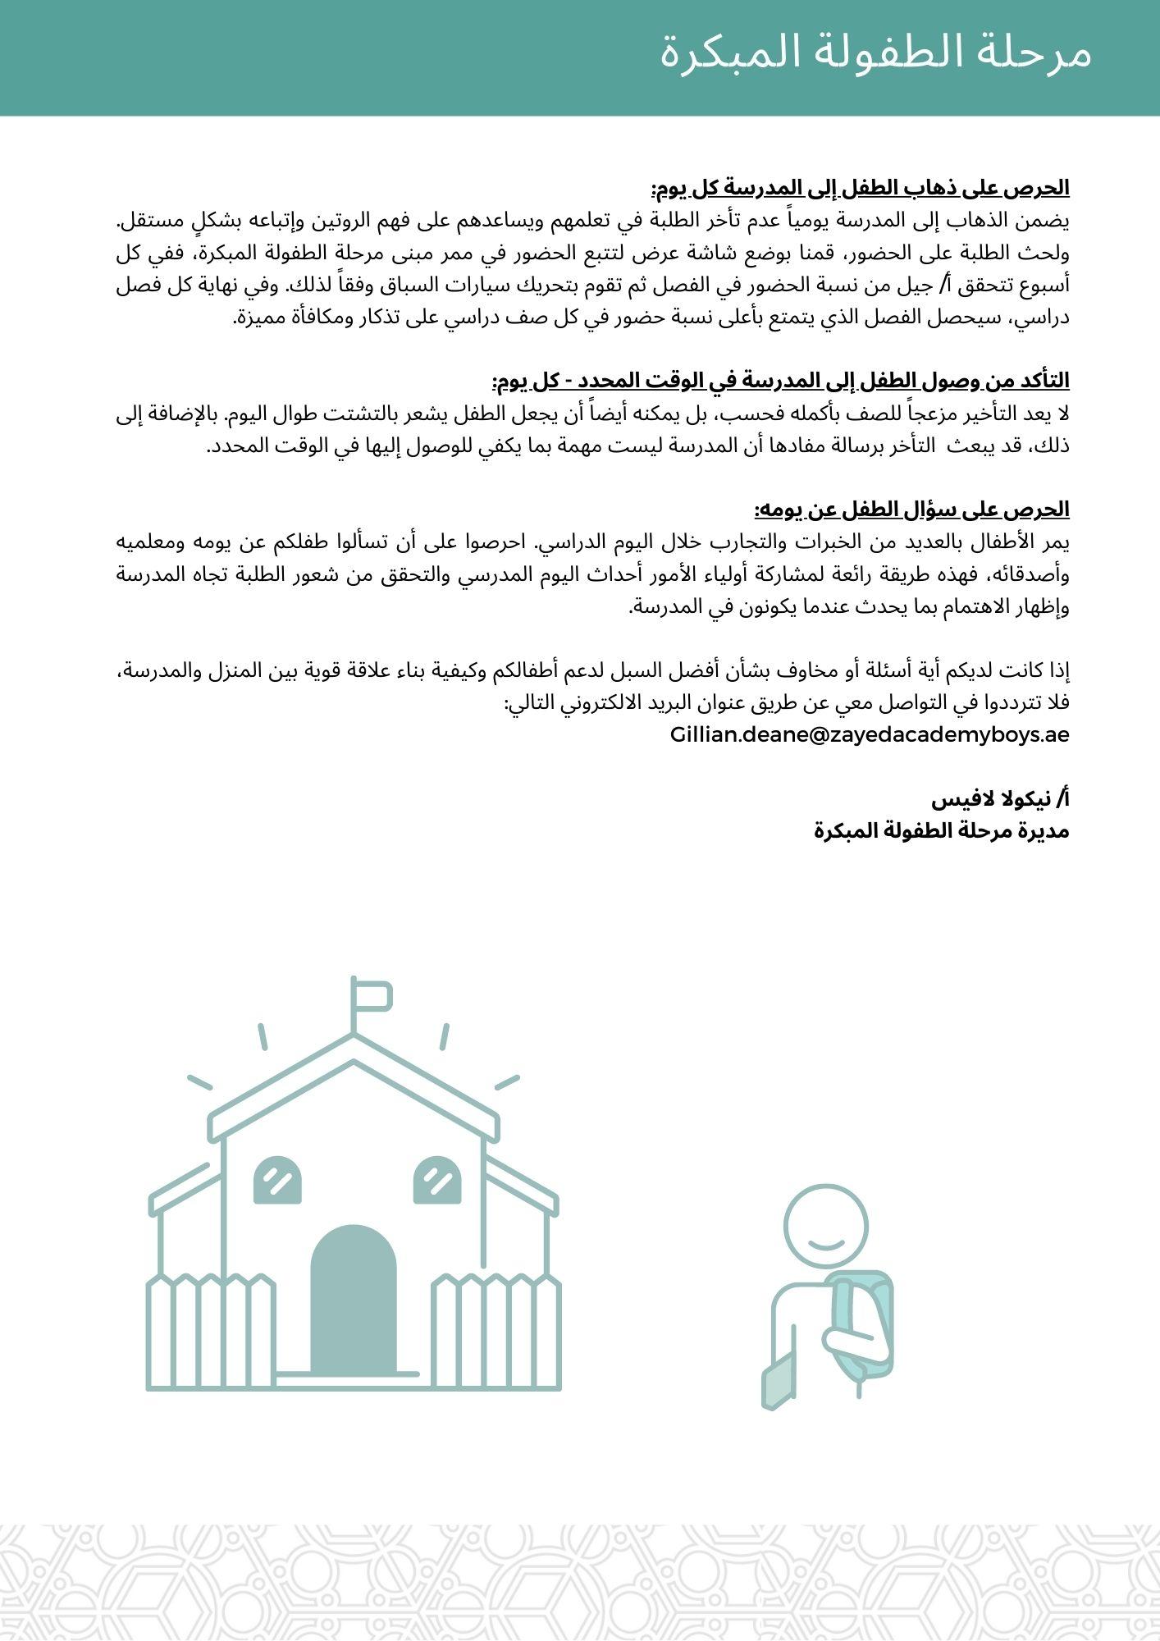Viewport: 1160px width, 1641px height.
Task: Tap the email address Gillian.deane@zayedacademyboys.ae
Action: [x=870, y=734]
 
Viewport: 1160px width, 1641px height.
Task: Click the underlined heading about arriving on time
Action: [x=781, y=382]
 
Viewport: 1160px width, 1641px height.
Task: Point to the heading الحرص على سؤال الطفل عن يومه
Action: [x=911, y=510]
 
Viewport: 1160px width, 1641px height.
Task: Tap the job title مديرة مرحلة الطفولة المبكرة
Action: [x=942, y=830]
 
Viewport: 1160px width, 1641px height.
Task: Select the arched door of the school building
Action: [x=353, y=1299]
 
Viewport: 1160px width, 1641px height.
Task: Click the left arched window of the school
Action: [x=277, y=1181]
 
